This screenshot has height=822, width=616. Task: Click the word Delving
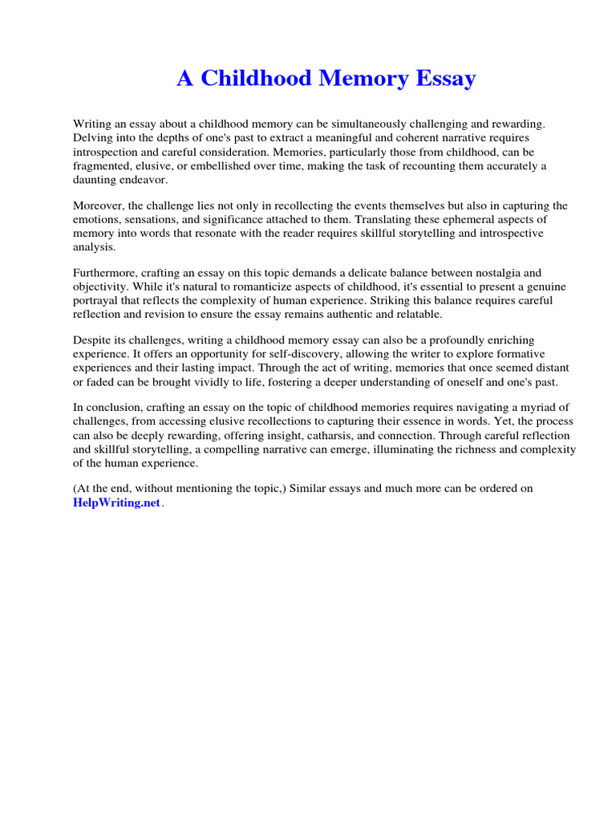click(92, 137)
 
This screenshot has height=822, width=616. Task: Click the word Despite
click(91, 341)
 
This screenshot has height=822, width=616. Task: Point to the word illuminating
click(424, 450)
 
